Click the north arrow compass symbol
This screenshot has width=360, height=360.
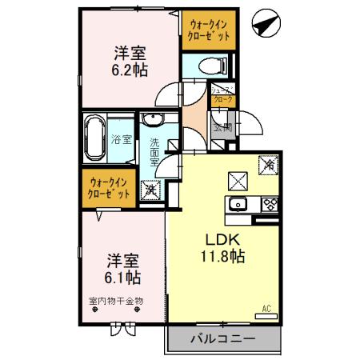[262, 24]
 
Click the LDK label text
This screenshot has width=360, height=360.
[225, 239]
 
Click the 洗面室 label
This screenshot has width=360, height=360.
[154, 153]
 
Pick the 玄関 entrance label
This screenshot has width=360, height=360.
[222, 126]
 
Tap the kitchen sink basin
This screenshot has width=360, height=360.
[237, 203]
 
